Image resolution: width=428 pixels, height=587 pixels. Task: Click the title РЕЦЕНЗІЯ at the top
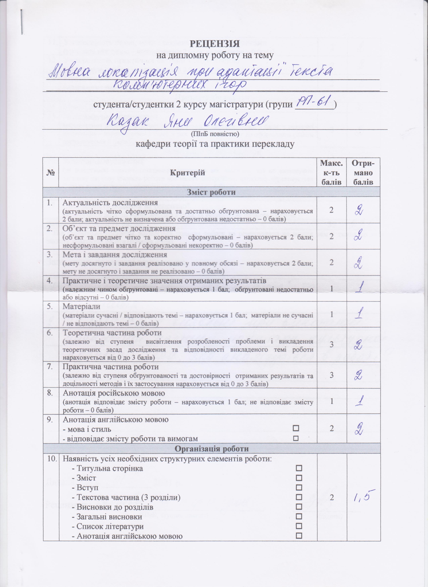215,44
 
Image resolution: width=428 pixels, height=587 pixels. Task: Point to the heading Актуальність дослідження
110,202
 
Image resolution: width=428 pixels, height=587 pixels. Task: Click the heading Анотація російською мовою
114,393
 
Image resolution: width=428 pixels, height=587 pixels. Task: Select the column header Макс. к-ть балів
332,172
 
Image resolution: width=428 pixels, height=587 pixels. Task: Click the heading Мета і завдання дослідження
115,254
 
